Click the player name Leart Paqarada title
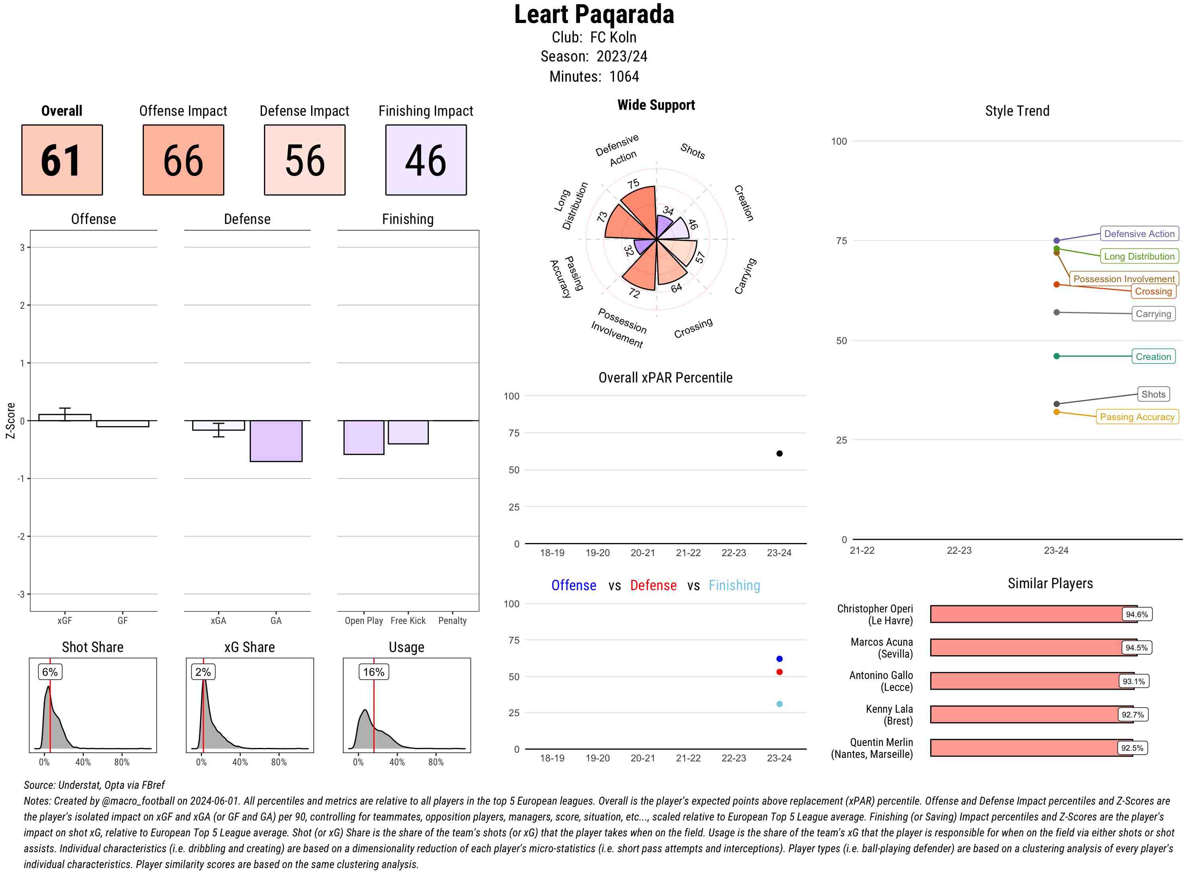594,15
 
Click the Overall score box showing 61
62,160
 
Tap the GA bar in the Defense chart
276,441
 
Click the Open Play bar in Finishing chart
363,437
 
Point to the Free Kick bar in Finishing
408,432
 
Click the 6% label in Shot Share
50,672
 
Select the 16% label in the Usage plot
374,672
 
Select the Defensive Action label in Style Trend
1139,234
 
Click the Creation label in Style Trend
1153,357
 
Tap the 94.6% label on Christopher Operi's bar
1136,614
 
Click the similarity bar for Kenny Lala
1024,714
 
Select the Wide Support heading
656,105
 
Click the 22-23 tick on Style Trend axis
959,551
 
